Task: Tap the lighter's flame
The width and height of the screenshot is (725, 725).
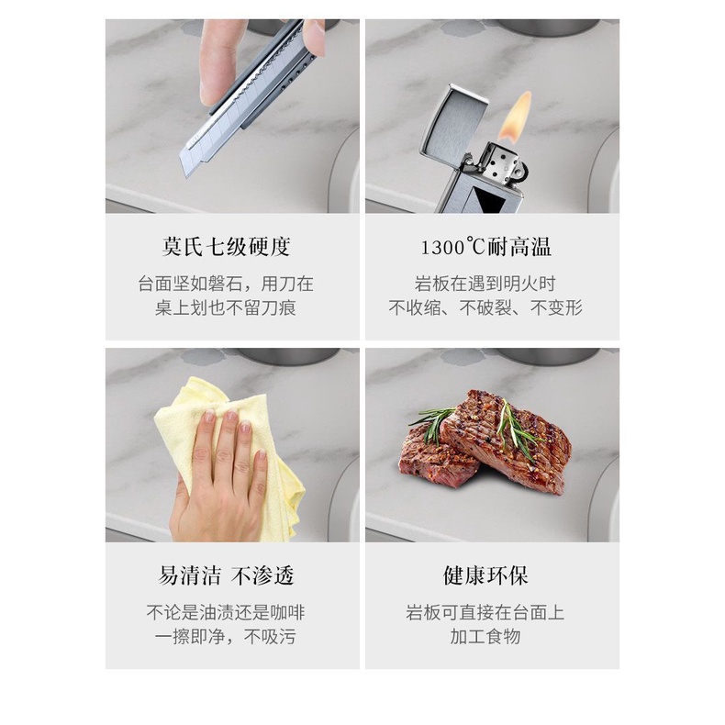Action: pos(516,116)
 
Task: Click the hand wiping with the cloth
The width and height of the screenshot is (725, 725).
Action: pos(219,481)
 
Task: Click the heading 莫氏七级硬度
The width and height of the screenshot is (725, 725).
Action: pos(226,247)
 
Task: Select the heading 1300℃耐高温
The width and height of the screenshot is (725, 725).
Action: pos(486,247)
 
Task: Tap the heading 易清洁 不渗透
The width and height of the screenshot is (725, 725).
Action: pos(226,576)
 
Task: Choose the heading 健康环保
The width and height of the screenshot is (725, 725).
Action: pos(486,576)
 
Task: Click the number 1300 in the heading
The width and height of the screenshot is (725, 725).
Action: pos(442,248)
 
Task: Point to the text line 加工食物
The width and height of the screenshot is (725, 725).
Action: pos(485,637)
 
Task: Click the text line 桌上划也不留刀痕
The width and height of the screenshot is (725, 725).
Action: pos(226,308)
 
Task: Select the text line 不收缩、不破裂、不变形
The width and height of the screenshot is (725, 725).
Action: pos(485,308)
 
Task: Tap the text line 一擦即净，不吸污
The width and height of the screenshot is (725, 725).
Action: pos(226,637)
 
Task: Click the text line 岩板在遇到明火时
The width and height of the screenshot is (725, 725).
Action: pos(485,284)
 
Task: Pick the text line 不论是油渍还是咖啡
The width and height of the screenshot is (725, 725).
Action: pos(226,613)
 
